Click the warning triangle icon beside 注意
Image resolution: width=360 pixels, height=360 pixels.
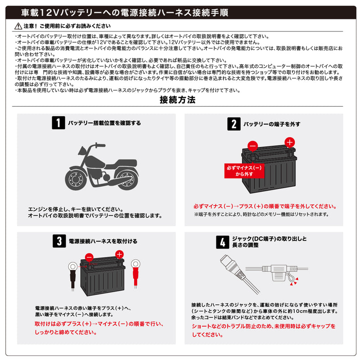pos(18,26)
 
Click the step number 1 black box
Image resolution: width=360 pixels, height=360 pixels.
pos(58,122)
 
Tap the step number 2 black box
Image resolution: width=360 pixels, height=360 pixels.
pos(234,124)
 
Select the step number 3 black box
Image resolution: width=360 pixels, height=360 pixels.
pos(59,241)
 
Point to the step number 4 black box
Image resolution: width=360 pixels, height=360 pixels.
pos(222,242)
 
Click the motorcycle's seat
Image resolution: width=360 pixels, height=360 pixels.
pos(121,164)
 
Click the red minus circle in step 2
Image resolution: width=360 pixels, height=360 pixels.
pos(252,146)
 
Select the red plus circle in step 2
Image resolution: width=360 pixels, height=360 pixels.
pos(290,143)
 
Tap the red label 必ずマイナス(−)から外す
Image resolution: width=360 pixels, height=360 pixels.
pos(244,171)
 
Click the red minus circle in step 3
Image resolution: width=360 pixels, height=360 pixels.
pos(89,257)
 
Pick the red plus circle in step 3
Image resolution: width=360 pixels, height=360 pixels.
pos(119,255)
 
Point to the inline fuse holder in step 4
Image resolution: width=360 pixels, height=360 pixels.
pos(279,273)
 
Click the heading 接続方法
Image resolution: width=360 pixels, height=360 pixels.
pos(177,100)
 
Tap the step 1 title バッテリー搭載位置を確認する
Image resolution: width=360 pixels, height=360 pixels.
pos(104,123)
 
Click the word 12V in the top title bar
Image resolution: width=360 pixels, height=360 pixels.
pos(49,13)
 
